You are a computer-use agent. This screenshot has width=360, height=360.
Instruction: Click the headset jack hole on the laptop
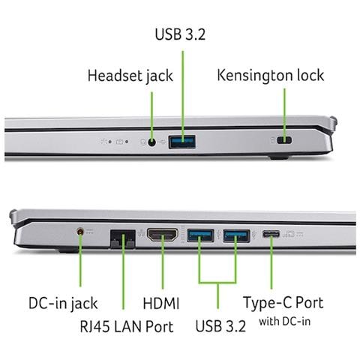click(x=151, y=142)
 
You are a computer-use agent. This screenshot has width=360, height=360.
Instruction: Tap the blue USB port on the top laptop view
click(x=182, y=142)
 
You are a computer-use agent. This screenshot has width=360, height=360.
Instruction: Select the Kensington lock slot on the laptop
click(x=284, y=140)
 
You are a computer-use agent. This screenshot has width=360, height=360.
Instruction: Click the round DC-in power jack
click(x=80, y=232)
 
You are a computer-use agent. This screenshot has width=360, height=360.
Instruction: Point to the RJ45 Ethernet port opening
click(x=123, y=239)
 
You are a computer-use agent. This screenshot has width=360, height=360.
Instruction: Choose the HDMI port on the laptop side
click(x=163, y=235)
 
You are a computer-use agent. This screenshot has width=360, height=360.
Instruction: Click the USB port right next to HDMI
click(x=200, y=235)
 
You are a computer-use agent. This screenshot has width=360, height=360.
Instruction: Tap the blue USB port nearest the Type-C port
click(x=236, y=235)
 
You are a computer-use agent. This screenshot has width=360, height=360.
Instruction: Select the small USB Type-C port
click(x=271, y=234)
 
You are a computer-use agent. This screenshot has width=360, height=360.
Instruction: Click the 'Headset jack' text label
click(x=130, y=76)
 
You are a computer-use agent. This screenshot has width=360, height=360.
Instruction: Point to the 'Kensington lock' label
click(x=271, y=75)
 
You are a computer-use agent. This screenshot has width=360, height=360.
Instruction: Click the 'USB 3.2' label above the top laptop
click(x=180, y=34)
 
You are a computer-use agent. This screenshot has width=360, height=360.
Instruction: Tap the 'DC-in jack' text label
click(x=63, y=304)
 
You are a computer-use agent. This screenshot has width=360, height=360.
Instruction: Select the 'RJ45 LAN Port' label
click(x=127, y=326)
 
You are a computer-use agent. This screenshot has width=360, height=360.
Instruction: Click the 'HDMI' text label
click(x=161, y=304)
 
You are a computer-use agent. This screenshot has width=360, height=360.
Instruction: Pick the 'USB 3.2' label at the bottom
click(x=220, y=326)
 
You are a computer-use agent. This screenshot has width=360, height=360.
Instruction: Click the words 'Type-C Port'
click(x=283, y=303)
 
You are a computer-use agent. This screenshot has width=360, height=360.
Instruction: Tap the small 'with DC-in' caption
click(x=285, y=322)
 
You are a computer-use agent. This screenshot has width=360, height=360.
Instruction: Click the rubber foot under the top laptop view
click(x=279, y=157)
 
